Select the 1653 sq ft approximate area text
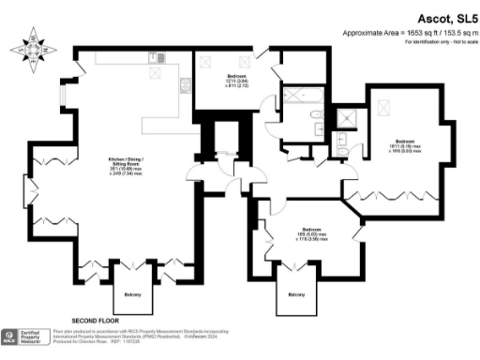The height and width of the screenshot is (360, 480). pos(420,32)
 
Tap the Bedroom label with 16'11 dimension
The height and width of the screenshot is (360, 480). pos(404,144)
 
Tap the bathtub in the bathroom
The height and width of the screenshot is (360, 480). pos(304,95)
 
